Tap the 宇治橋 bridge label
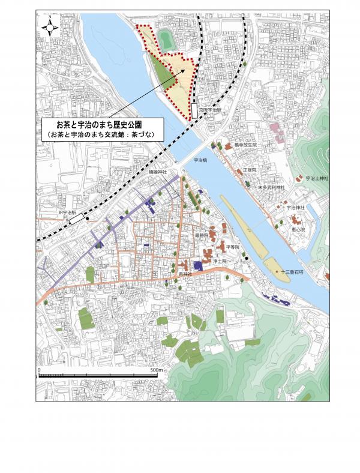click(x=200, y=161)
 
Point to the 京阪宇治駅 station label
click(x=211, y=110)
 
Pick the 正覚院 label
click(x=250, y=170)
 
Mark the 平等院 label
click(x=233, y=247)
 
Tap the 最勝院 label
click(x=201, y=236)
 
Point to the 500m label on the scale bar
click(x=155, y=370)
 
